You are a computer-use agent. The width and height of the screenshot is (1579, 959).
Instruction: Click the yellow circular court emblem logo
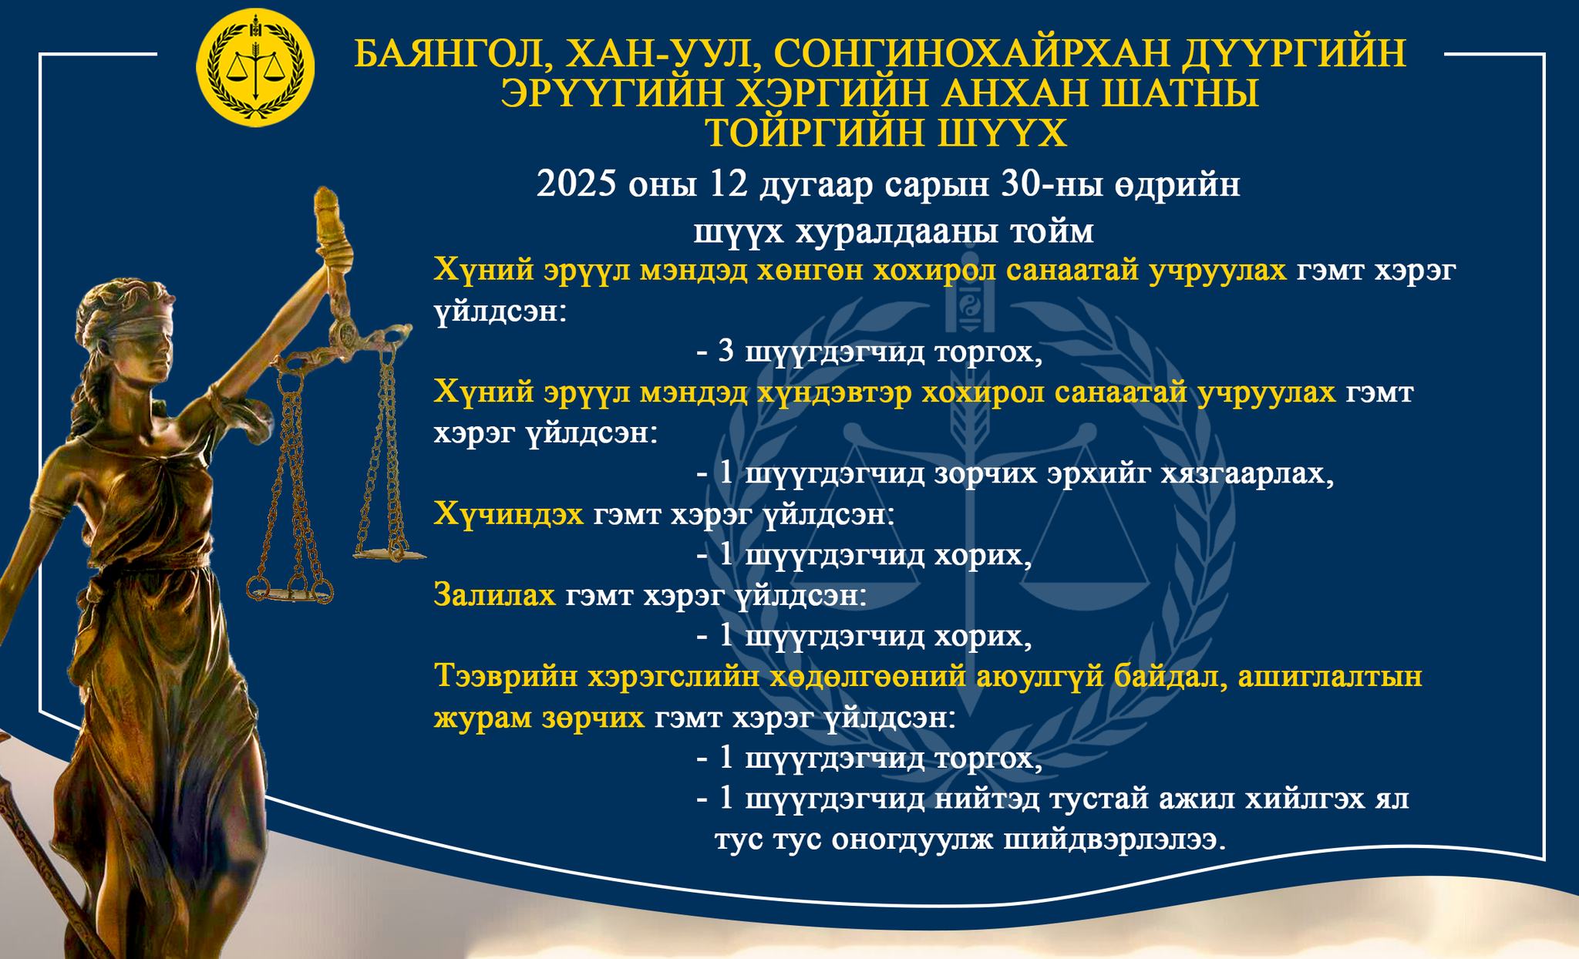pos(256,67)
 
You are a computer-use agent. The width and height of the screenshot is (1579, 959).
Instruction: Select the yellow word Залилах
pos(494,595)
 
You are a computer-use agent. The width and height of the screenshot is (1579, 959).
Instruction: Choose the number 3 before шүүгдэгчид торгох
pos(726,352)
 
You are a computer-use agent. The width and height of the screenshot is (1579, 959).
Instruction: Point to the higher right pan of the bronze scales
pos(389,552)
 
